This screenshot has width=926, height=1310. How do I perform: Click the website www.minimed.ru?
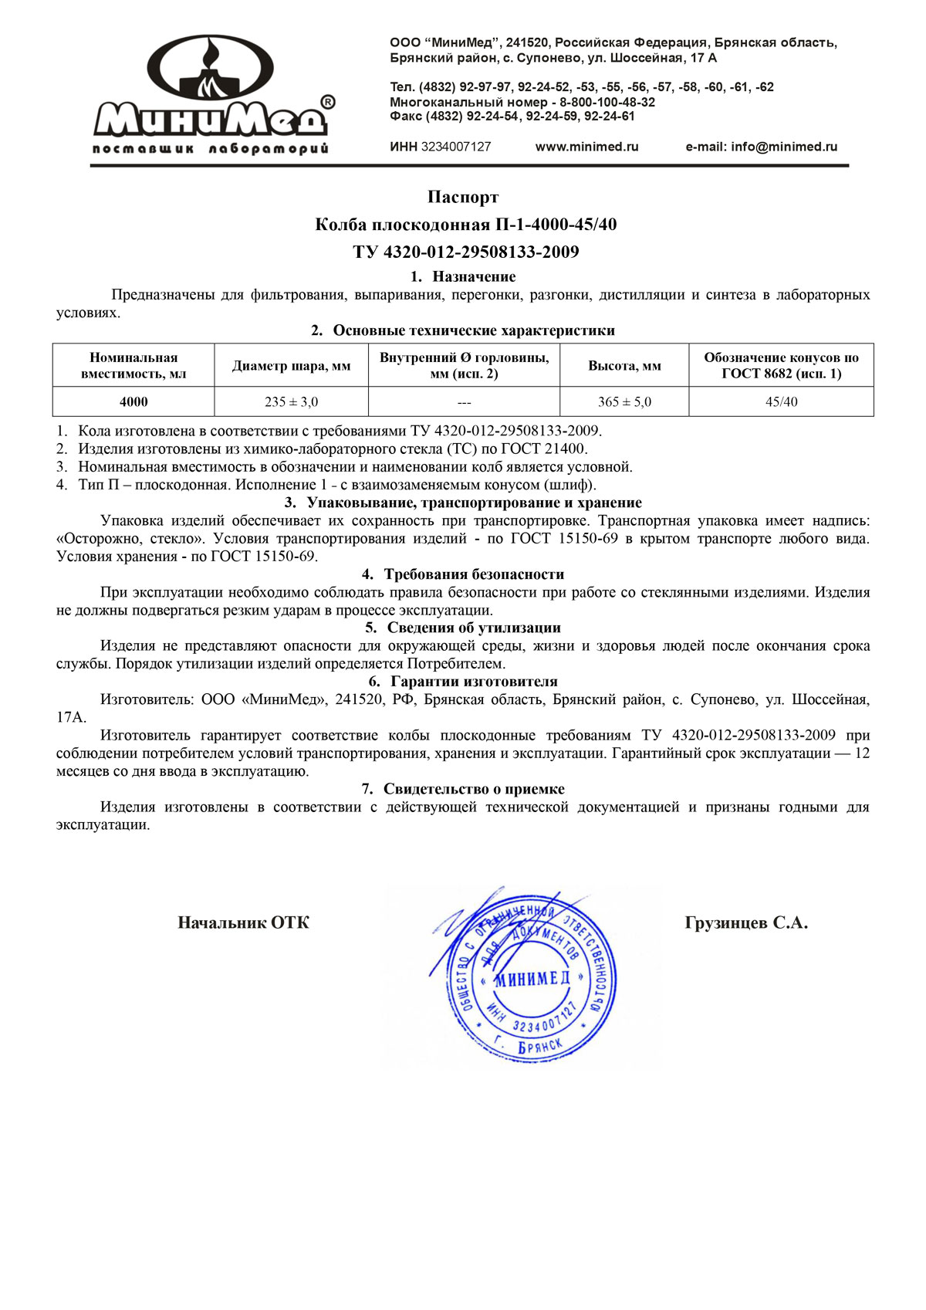[x=586, y=147]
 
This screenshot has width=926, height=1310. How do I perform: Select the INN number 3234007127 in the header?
[x=455, y=147]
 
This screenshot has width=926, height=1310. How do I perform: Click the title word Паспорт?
[x=463, y=198]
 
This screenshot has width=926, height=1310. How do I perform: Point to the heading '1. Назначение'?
[x=463, y=276]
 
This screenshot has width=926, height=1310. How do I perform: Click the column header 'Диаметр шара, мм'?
[x=291, y=366]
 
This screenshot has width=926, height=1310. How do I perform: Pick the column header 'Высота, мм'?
[x=624, y=366]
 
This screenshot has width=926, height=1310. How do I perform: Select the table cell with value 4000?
[x=133, y=401]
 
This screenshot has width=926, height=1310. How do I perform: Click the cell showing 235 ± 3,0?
[x=291, y=401]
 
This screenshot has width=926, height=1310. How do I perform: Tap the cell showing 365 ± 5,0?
[x=624, y=401]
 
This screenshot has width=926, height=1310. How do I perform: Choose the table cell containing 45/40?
[x=781, y=401]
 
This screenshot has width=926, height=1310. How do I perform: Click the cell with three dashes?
[x=464, y=402]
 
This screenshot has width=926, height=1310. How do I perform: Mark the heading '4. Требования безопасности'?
[x=463, y=574]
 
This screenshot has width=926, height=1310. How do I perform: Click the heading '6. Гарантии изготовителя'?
[x=463, y=682]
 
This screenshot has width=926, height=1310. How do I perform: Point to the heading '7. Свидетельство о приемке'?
[x=463, y=789]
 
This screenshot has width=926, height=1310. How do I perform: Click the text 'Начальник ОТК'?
[x=243, y=922]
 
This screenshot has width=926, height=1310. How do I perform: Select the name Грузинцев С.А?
[x=746, y=922]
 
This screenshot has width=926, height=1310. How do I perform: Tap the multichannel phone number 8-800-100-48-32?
[x=607, y=102]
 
